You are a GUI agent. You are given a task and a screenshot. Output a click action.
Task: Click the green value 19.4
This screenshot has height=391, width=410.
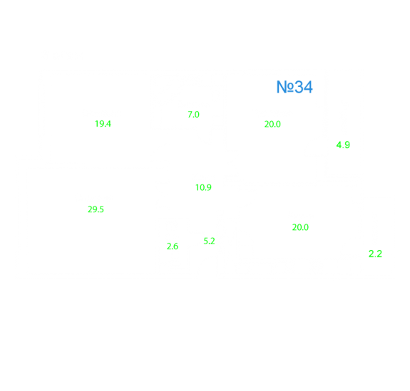[103, 124]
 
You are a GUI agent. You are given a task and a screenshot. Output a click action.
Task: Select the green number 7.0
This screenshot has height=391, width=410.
[193, 115]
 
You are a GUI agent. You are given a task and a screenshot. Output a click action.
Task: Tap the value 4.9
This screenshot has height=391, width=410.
[343, 145]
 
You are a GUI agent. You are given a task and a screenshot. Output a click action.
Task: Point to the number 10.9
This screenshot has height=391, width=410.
[203, 187]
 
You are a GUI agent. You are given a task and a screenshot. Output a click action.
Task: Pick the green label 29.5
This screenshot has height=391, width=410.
[96, 209]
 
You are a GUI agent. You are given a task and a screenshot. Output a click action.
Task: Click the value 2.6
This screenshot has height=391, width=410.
[173, 246]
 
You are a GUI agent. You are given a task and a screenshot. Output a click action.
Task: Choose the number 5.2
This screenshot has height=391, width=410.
[209, 241]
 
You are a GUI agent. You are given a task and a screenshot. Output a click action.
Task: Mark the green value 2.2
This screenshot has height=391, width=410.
[375, 254]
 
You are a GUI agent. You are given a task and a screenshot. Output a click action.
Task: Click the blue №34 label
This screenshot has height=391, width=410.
[294, 87]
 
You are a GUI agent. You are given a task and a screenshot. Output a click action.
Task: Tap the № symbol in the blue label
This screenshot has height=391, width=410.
[285, 87]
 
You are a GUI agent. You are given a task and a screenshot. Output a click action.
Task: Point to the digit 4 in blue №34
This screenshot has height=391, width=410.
[308, 87]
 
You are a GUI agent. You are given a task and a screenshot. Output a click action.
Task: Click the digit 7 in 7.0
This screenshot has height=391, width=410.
[190, 115]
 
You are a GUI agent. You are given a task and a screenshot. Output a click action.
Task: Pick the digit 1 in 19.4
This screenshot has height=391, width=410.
[97, 124]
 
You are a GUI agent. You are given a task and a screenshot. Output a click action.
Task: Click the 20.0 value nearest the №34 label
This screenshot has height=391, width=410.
[272, 124]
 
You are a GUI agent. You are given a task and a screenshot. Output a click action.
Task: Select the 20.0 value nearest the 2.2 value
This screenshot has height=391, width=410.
[300, 227]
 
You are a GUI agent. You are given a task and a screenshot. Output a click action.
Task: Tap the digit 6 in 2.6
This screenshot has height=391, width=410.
[175, 246]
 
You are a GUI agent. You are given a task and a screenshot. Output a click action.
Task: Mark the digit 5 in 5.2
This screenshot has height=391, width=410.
[206, 241]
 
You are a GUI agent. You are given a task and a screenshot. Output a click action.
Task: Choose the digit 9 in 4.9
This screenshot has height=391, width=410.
[347, 145]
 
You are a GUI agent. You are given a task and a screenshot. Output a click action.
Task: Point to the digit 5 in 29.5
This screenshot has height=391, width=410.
[101, 209]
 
